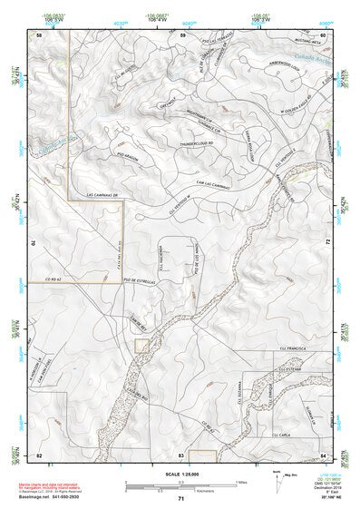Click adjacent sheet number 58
click(x=38, y=34)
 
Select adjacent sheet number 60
click(x=323, y=34)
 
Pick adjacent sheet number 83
click(x=180, y=454)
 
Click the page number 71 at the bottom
click(x=180, y=499)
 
